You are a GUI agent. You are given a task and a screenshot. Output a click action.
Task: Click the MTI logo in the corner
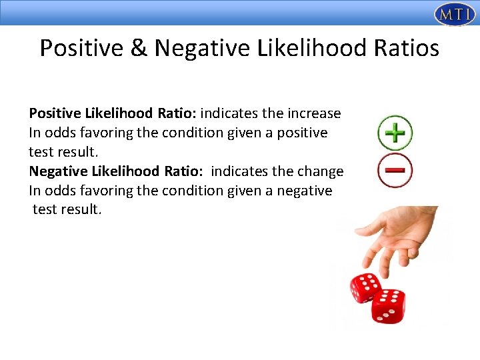pos(455,13)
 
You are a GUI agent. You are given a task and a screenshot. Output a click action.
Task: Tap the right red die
pos(389,305)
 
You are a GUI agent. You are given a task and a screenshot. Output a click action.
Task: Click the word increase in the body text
pos(315,113)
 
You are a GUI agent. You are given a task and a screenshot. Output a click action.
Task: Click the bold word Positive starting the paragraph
pos(54,113)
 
